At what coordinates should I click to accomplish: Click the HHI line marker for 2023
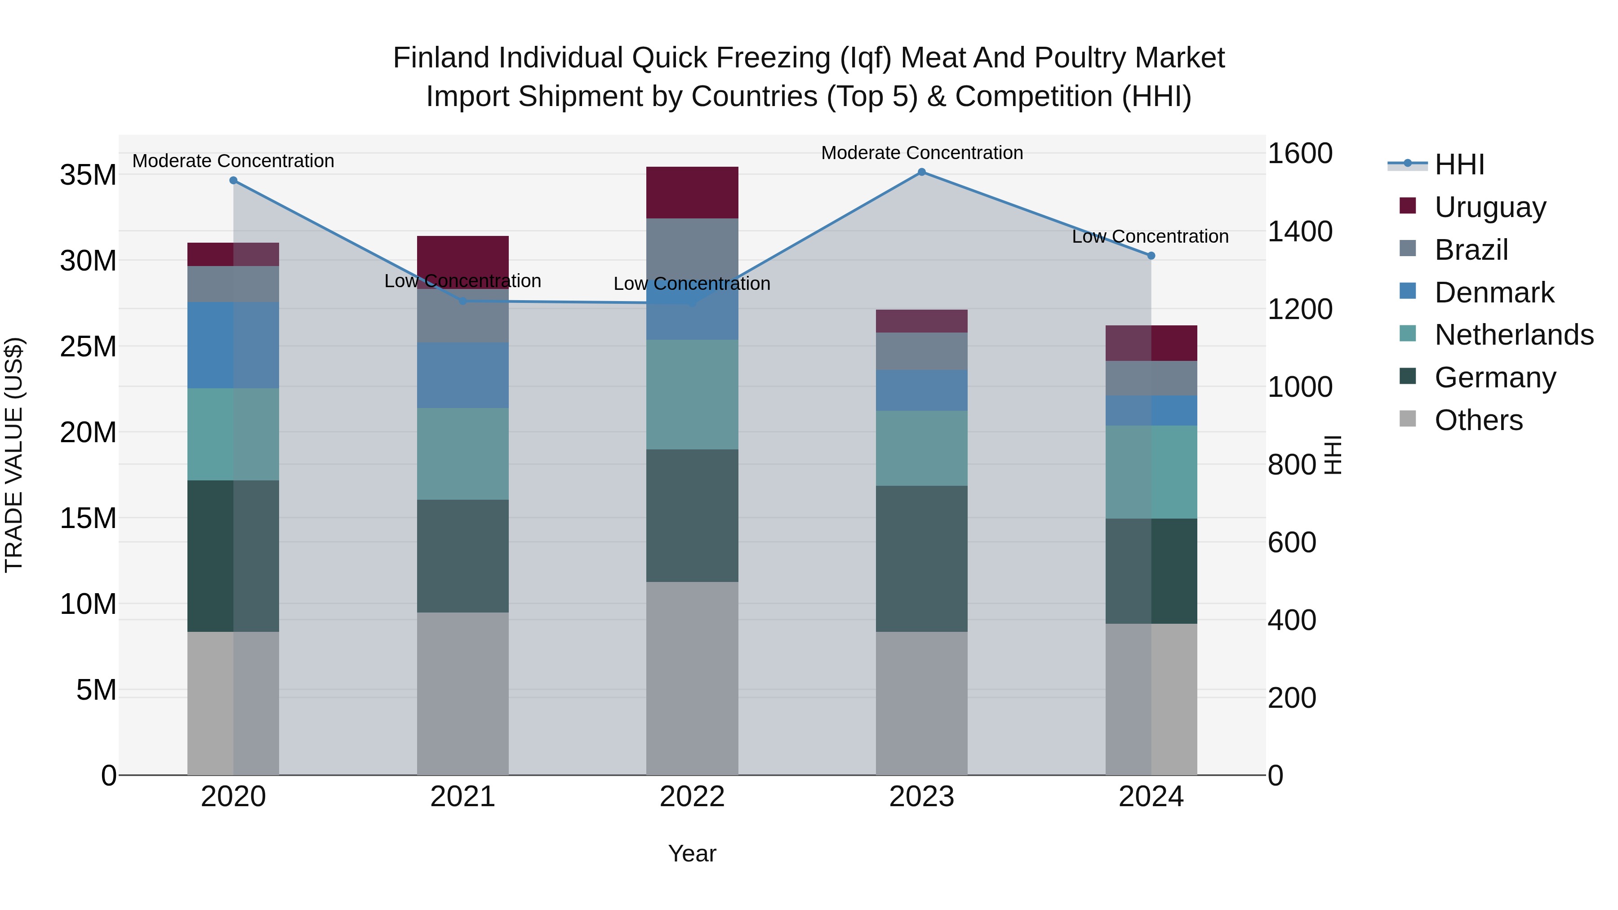(x=921, y=172)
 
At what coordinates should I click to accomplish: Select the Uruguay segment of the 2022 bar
(x=692, y=192)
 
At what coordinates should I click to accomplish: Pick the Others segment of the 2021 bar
(x=463, y=693)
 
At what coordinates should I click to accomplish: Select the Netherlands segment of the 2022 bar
(x=692, y=395)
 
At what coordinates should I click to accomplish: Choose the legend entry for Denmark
(x=1494, y=293)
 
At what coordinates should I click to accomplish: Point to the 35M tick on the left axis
(x=88, y=175)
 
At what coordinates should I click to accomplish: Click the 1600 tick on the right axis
(x=1299, y=153)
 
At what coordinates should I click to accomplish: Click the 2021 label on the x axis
(x=463, y=797)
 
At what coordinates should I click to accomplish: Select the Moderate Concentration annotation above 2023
(x=921, y=153)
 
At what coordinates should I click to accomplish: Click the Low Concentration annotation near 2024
(x=1150, y=237)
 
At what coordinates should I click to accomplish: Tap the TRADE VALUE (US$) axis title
(x=14, y=455)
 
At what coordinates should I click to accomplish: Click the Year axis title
(x=692, y=853)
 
